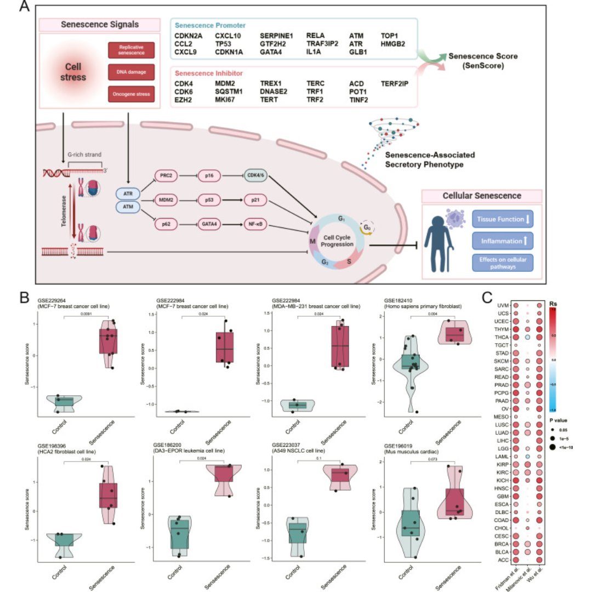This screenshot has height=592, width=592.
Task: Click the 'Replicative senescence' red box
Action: pos(132,51)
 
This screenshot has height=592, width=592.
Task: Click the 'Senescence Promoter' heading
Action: pos(210,25)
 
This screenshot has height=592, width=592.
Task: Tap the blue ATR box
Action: pos(128,193)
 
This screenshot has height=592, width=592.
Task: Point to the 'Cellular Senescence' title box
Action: pos(482,196)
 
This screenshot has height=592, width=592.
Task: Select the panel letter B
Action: pos(25,298)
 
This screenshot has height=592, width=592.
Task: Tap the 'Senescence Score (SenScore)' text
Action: pos(482,61)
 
